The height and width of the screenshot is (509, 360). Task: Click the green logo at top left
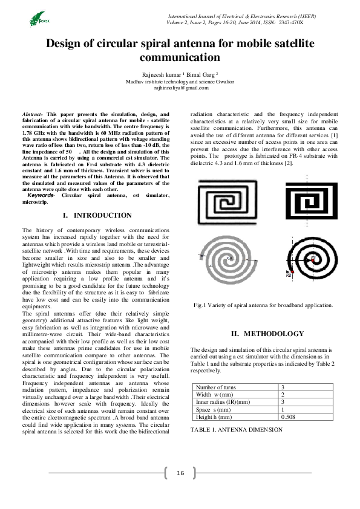tap(38, 19)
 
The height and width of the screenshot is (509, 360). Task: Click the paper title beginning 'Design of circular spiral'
tap(180, 50)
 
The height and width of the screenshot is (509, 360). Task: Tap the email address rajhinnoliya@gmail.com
tap(180, 88)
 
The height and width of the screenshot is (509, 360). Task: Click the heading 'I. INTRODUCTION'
tap(97, 215)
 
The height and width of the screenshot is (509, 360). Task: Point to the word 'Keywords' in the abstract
tap(40, 196)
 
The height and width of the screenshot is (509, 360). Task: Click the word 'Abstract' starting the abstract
tap(31, 114)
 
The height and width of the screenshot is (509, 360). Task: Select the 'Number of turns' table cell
tap(216, 387)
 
